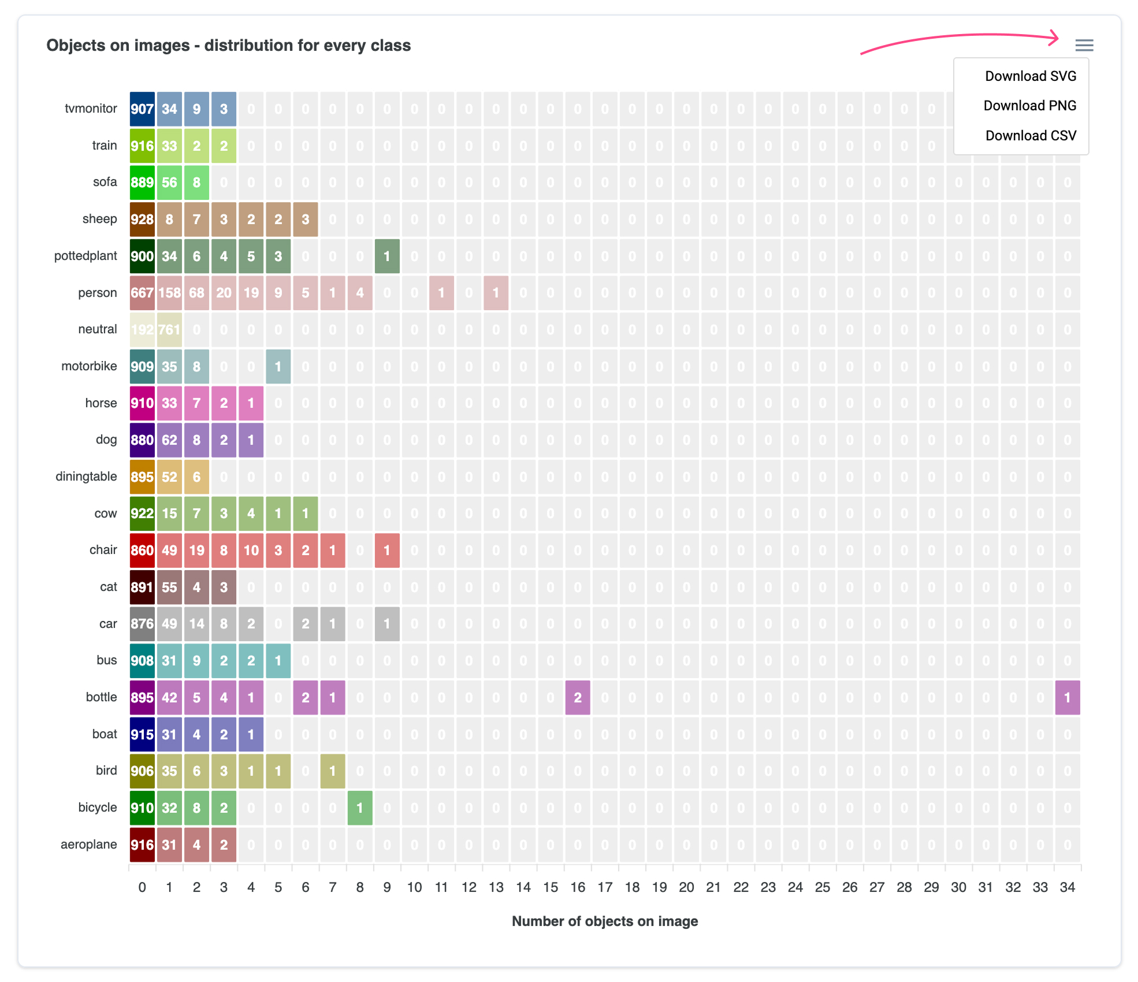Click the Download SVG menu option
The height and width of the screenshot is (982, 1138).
click(1030, 76)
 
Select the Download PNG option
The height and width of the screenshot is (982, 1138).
click(1029, 106)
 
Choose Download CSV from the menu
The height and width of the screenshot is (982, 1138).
click(1031, 136)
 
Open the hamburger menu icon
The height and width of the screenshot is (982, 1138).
click(1084, 45)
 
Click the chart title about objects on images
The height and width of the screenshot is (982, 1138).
click(228, 46)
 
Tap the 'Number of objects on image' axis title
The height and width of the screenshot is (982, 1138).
click(604, 921)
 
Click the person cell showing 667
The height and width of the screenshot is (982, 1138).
click(142, 293)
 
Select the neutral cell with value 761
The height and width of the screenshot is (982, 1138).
click(169, 330)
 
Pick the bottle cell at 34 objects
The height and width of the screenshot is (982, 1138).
click(1067, 698)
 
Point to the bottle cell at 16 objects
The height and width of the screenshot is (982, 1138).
click(577, 698)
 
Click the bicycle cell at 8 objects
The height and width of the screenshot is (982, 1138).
click(360, 808)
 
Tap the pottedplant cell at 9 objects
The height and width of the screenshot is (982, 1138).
click(387, 256)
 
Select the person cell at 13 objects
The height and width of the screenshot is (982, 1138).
click(496, 293)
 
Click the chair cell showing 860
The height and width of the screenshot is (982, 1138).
click(142, 550)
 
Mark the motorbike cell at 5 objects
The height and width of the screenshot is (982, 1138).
click(278, 367)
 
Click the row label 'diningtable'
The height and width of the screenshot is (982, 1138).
click(86, 477)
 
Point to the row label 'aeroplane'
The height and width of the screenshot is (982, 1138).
click(88, 845)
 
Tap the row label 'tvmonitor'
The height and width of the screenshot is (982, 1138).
click(91, 109)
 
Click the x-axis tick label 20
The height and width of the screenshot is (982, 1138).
click(686, 887)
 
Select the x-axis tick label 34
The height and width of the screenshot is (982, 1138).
click(1067, 887)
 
